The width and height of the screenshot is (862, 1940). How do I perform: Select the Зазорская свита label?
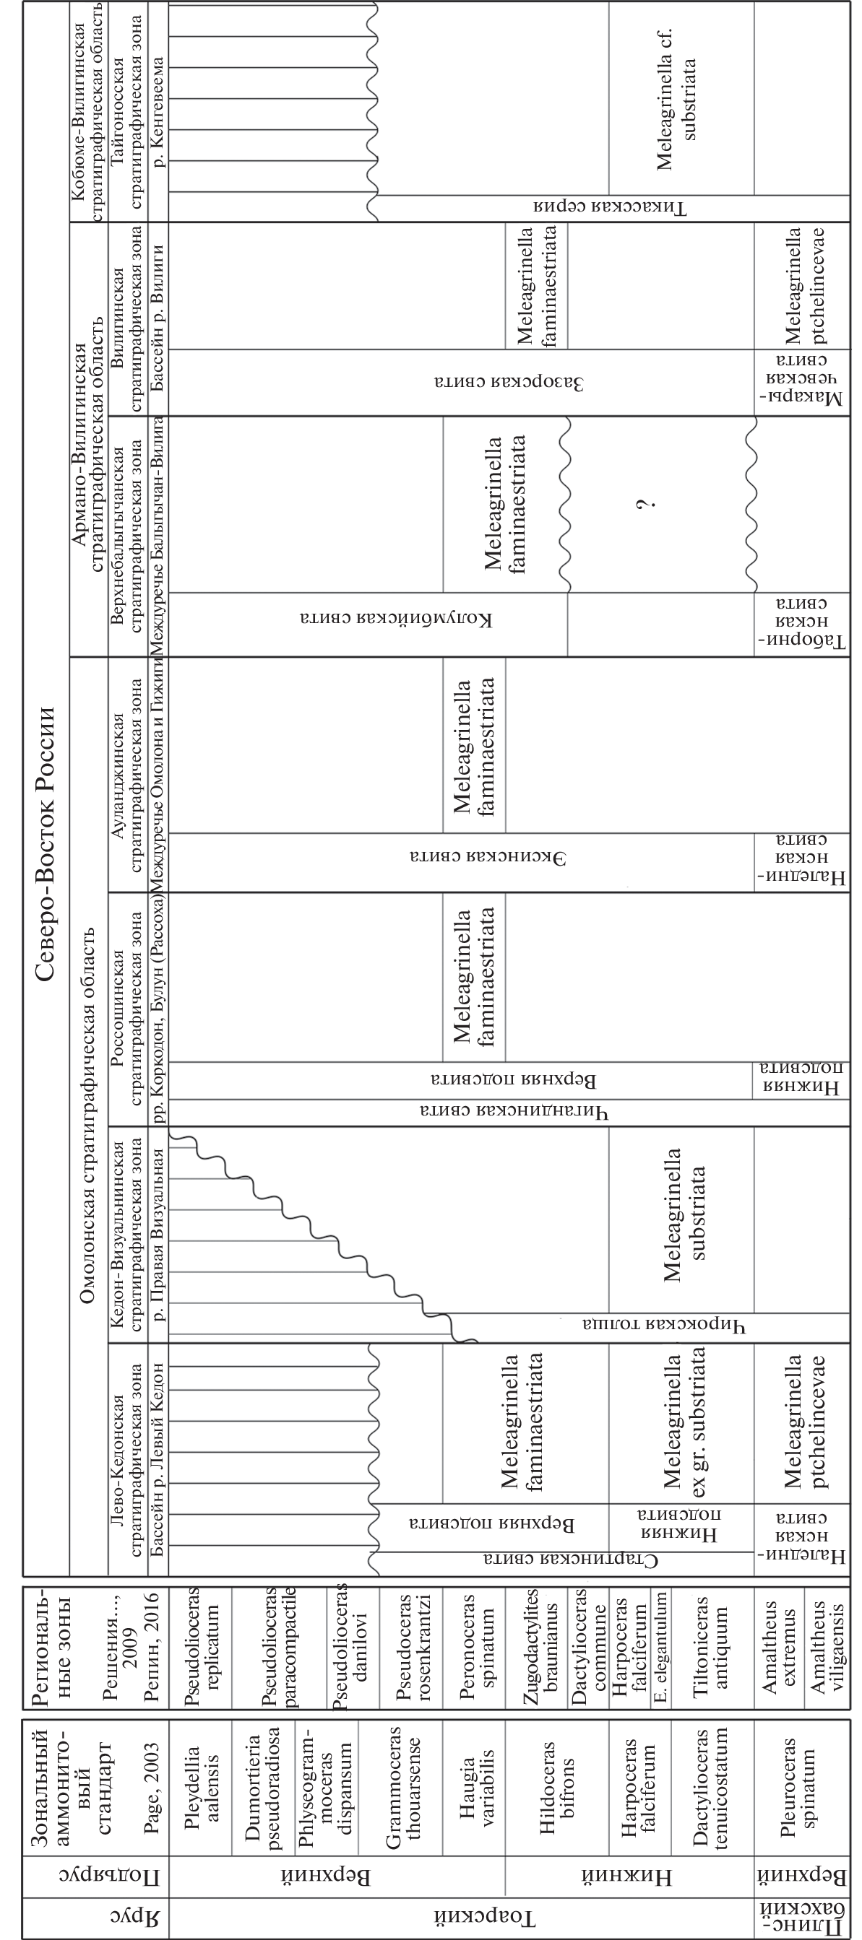[509, 383]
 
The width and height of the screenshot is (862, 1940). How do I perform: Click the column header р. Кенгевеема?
[159, 113]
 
